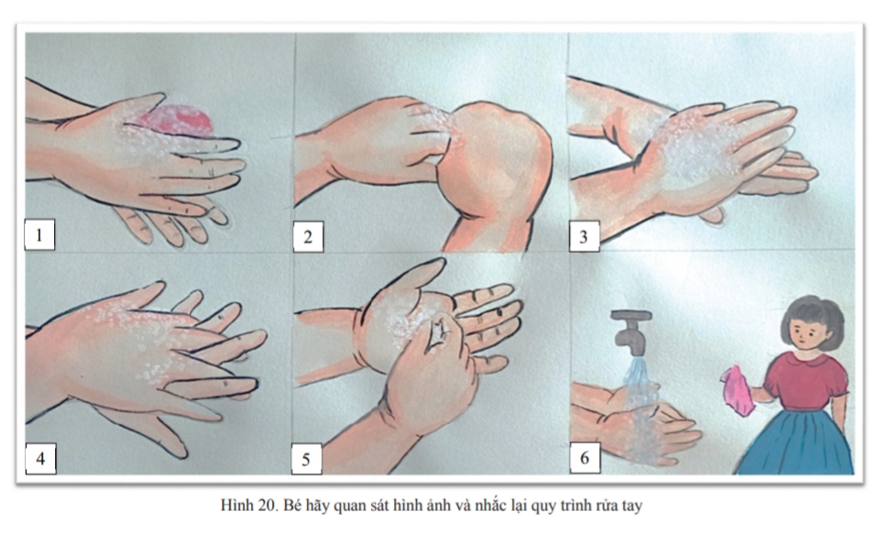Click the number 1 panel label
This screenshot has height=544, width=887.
pyautogui.click(x=39, y=234)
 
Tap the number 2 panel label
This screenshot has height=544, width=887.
pyautogui.click(x=308, y=237)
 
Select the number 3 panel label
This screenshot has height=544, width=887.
pyautogui.click(x=584, y=236)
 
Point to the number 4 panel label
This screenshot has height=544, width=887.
pyautogui.click(x=40, y=459)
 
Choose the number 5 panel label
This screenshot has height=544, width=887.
pyautogui.click(x=306, y=459)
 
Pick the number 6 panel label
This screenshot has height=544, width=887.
pyautogui.click(x=585, y=458)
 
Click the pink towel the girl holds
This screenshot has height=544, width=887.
pyautogui.click(x=738, y=389)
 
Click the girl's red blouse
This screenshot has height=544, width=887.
pyautogui.click(x=805, y=381)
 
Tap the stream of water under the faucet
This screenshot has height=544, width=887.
pyautogui.click(x=640, y=408)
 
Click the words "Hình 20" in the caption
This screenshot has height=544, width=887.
pyautogui.click(x=247, y=505)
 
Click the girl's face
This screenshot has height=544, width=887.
pyautogui.click(x=808, y=333)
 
